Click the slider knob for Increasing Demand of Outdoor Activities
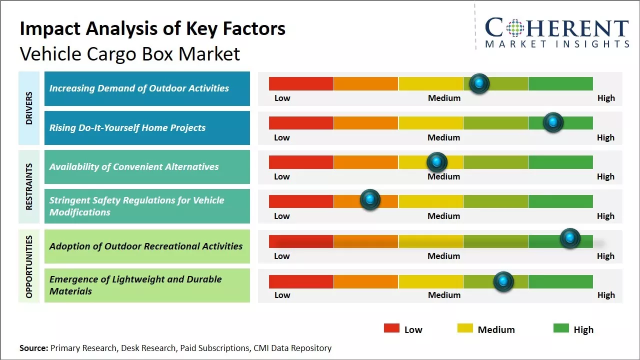click(x=479, y=83)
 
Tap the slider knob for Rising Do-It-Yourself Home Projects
click(x=553, y=122)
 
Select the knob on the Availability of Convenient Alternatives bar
click(x=437, y=162)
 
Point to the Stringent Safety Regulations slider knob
click(x=370, y=200)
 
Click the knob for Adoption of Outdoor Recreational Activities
click(x=570, y=238)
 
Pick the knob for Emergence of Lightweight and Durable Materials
click(x=503, y=281)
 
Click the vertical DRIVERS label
click(x=29, y=108)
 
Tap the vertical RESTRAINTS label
click(x=29, y=186)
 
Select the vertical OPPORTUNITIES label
click(x=29, y=266)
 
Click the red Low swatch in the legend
click(x=391, y=328)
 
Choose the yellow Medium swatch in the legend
click(x=465, y=328)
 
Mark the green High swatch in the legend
click(x=561, y=328)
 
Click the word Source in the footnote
click(x=33, y=348)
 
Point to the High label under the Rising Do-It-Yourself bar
click(x=605, y=137)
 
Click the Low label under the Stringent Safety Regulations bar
click(x=282, y=216)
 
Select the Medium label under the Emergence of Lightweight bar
click(x=444, y=295)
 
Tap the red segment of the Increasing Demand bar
click(x=301, y=83)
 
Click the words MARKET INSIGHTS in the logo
click(x=557, y=44)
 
